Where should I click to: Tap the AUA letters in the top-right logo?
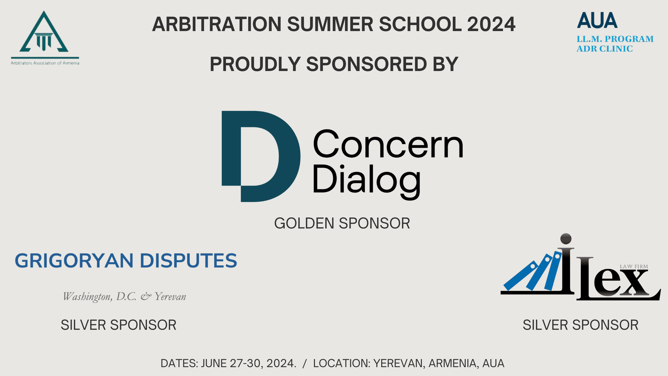[x=597, y=20]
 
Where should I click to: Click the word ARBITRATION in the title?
[x=217, y=24]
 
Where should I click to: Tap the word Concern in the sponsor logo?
[x=388, y=144]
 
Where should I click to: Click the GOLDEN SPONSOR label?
[x=342, y=224]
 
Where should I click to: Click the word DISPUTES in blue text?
[x=189, y=261]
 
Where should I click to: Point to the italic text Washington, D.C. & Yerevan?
[x=124, y=297]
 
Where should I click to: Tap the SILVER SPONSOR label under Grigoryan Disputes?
[x=118, y=325]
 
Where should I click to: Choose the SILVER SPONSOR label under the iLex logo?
[x=581, y=325]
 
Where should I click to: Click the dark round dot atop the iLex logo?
[x=566, y=239]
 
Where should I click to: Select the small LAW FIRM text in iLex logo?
[x=634, y=267]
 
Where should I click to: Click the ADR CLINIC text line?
[x=605, y=49]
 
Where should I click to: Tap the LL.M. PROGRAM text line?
[x=615, y=39]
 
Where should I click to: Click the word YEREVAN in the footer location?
[x=399, y=363]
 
